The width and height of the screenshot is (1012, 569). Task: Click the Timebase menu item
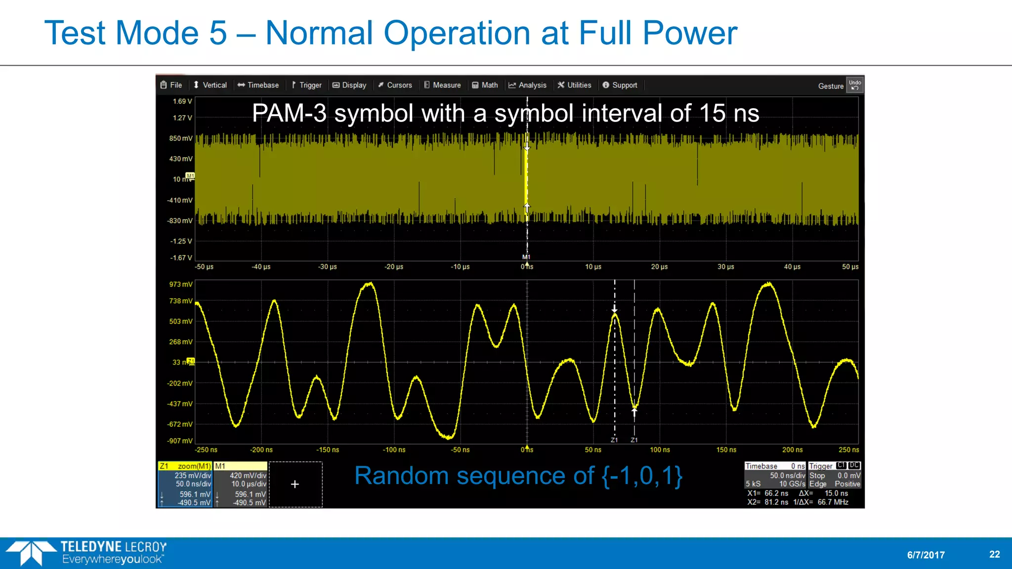[258, 85]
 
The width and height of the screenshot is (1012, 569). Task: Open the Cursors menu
[395, 85]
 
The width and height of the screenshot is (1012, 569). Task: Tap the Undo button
[855, 85]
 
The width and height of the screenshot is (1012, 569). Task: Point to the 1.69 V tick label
[182, 101]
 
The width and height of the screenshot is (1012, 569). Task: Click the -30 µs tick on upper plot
[327, 267]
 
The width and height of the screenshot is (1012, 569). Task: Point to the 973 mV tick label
[181, 284]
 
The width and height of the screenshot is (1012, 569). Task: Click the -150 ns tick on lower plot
[328, 450]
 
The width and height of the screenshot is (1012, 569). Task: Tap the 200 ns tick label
[792, 450]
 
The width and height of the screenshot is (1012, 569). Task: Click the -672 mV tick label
[180, 424]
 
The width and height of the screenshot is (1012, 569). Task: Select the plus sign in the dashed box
[295, 485]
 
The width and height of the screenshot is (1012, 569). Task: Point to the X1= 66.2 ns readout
[767, 493]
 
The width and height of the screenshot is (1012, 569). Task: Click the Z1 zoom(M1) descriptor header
[185, 466]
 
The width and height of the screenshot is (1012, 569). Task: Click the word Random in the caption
[401, 476]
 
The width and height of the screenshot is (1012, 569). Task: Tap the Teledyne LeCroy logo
[86, 553]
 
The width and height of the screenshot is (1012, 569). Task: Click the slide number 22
[994, 554]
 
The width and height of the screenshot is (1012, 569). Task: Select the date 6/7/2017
[926, 555]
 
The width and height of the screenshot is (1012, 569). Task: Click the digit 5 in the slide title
[218, 33]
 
